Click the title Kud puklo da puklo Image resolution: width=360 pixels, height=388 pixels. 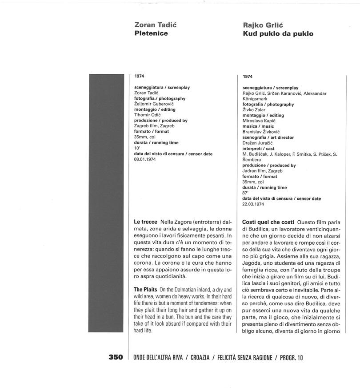coord(278,34)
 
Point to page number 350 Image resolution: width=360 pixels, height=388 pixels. coord(116,357)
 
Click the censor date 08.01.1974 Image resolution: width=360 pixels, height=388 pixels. coord(144,159)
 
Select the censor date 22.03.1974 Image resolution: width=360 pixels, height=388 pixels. coord(253,204)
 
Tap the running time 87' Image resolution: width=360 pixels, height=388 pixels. coord(245,193)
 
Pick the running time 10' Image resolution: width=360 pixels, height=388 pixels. coord(137,148)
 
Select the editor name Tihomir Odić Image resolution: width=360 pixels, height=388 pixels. coord(147,115)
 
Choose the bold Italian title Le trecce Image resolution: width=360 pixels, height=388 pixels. coord(146,221)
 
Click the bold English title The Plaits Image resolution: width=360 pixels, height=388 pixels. coord(145,290)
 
